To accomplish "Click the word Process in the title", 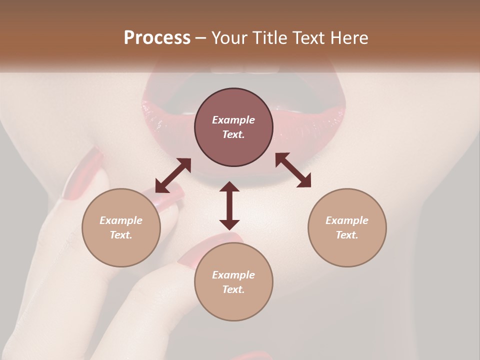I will [157, 38].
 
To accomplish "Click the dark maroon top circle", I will [233, 127].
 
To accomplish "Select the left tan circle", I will [121, 227].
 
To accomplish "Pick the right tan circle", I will [347, 227].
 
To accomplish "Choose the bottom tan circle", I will [233, 282].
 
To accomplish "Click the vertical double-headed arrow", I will [229, 205].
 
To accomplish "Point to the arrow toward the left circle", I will [173, 175].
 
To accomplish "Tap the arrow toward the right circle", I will [293, 170].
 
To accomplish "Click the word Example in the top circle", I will [233, 120].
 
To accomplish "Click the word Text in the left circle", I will [121, 235].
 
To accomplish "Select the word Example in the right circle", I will [347, 220].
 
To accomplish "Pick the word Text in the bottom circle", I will [233, 289].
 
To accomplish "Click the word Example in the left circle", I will [121, 220].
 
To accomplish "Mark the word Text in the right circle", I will [347, 235].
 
